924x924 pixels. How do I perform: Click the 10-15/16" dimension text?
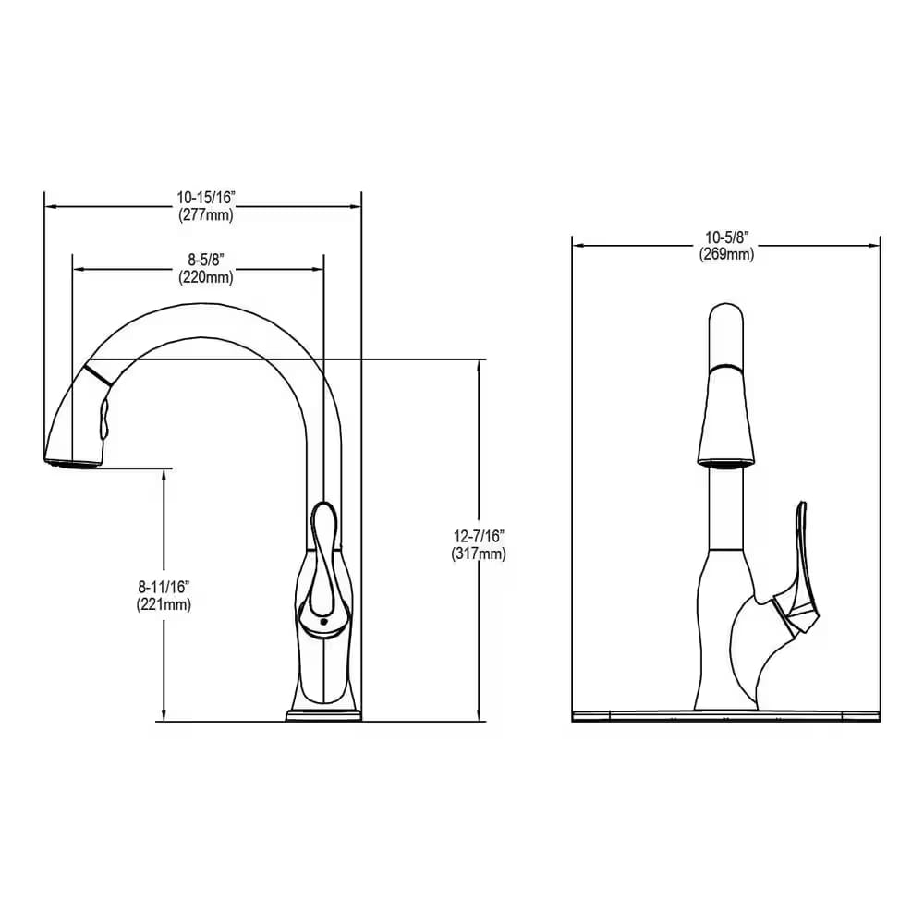click(205, 198)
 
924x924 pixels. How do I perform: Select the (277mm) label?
click(205, 214)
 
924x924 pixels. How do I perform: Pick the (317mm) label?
click(479, 554)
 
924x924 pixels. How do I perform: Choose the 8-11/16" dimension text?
click(164, 588)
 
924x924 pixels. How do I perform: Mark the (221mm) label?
click(164, 604)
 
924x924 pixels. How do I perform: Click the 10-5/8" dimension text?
click(725, 237)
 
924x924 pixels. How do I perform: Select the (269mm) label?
click(725, 254)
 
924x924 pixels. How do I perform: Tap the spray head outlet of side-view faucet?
click(70, 459)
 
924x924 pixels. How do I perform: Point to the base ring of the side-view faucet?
click(323, 715)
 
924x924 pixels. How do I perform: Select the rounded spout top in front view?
click(725, 319)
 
